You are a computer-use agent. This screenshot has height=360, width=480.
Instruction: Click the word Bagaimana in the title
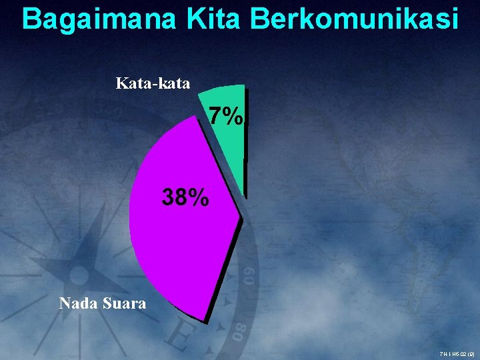[98, 19]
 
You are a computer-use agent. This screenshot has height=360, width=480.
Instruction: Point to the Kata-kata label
[153, 83]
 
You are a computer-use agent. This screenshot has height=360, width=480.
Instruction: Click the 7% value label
[225, 117]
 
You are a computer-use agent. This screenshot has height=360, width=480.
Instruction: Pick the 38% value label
[186, 197]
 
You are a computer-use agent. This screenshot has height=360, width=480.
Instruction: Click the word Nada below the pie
[79, 303]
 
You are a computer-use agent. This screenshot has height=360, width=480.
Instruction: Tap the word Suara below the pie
[124, 303]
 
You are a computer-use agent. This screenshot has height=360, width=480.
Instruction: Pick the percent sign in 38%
[198, 197]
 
